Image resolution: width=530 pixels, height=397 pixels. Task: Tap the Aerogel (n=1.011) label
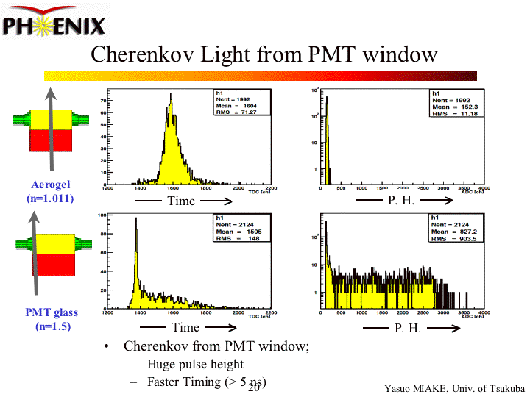click(x=52, y=191)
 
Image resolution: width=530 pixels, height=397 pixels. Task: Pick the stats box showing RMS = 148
click(x=239, y=228)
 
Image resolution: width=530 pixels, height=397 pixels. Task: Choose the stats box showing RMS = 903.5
click(x=456, y=228)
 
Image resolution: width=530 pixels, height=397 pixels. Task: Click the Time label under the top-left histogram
click(x=181, y=201)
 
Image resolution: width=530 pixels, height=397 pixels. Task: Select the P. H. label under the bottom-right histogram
click(x=407, y=328)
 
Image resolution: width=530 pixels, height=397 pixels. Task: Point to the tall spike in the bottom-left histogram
click(x=136, y=221)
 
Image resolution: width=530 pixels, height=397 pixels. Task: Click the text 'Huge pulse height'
click(x=195, y=364)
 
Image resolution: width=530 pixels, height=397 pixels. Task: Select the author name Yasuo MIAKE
click(x=417, y=388)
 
